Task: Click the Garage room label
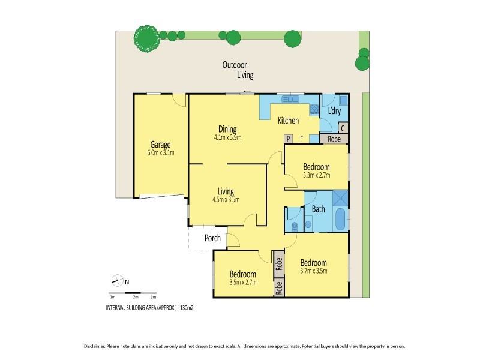coord(160,145)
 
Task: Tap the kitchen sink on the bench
coord(291,99)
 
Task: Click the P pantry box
coord(288,139)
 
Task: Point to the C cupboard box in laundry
coord(343,128)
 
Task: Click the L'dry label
coord(334,111)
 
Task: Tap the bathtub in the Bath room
coord(340,220)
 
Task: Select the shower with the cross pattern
coord(340,197)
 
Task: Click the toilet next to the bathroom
coord(293,226)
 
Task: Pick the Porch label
coord(212,238)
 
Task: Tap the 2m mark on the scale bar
coord(136,297)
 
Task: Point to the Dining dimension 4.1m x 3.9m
coord(227,137)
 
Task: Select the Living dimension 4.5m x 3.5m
coord(226,200)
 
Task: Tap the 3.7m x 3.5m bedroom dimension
coord(313,271)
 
